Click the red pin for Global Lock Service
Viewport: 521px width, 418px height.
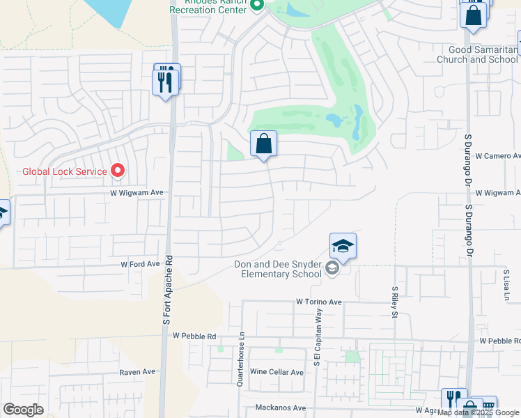click(x=118, y=171)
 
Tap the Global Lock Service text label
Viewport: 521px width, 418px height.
click(x=64, y=171)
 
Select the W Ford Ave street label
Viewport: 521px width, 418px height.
click(x=141, y=265)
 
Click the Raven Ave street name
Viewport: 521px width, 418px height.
click(x=137, y=372)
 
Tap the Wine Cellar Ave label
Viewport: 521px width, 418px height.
click(x=277, y=372)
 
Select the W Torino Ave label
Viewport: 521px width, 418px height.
click(x=318, y=302)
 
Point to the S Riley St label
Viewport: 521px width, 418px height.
click(x=394, y=301)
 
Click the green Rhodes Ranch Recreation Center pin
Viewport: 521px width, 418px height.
click(x=256, y=6)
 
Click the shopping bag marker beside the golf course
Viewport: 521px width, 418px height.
click(x=263, y=144)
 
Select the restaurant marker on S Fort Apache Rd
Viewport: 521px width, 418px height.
click(x=165, y=82)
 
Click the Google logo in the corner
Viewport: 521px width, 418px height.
click(x=23, y=410)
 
